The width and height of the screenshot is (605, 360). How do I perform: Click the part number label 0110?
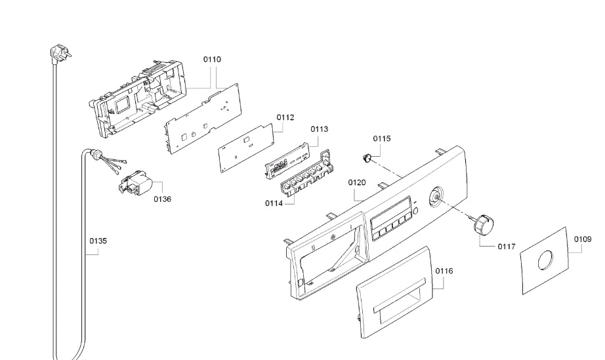(212, 59)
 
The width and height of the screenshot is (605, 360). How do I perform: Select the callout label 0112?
(285, 117)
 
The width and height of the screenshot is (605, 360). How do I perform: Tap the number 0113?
(319, 129)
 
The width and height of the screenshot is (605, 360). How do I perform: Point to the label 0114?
(275, 203)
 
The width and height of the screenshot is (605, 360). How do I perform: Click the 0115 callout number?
(382, 138)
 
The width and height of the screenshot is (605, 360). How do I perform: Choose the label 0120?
(356, 182)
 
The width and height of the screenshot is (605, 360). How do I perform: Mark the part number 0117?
(505, 247)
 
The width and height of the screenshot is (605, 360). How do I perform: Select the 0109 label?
(583, 239)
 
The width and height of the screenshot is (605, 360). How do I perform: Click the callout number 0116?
(444, 270)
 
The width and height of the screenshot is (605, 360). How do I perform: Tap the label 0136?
(162, 199)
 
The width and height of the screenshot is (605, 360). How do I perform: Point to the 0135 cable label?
(98, 241)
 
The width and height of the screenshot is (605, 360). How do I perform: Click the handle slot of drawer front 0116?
(398, 305)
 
